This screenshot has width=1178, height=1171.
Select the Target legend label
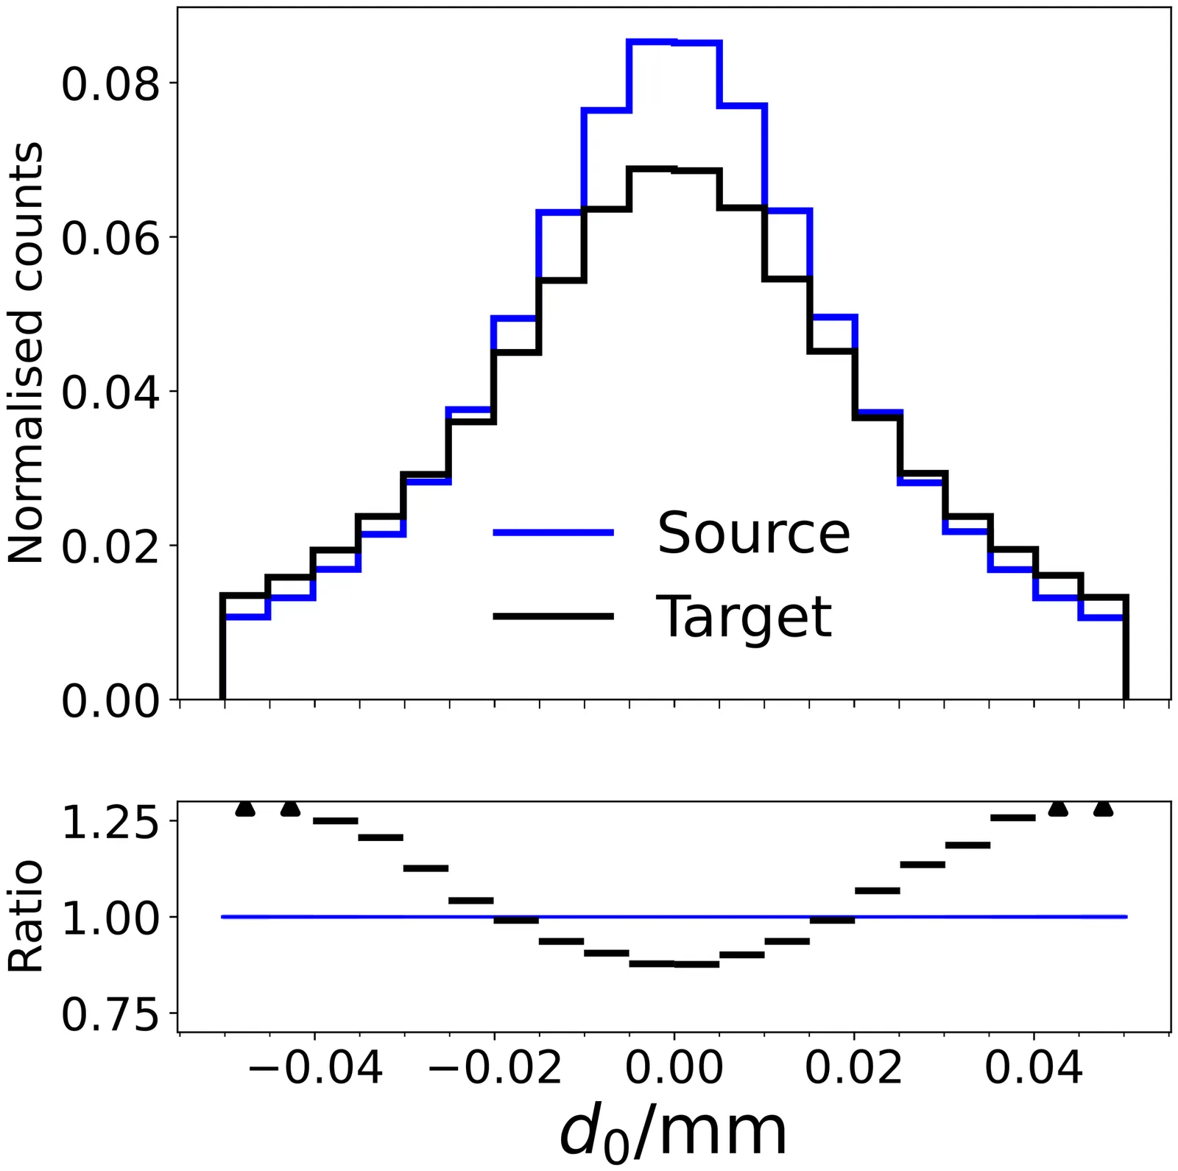744,616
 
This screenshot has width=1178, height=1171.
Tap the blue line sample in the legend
553,532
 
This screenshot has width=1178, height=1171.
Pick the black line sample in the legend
553,616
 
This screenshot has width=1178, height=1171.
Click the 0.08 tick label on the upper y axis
110,83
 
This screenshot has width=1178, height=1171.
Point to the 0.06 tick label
110,238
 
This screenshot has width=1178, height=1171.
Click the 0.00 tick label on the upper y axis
110,700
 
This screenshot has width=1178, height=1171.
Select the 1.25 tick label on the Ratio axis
110,822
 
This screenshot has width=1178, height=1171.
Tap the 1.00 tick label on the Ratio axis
110,918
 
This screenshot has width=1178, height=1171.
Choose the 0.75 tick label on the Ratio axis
110,1015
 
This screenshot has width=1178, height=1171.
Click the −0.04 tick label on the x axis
315,1067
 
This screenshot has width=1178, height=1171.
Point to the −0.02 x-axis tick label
495,1067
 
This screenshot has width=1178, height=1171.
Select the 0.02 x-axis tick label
854,1067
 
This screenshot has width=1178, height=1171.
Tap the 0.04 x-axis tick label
1034,1067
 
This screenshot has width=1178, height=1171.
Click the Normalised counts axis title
26,354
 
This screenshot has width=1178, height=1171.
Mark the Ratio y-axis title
26,917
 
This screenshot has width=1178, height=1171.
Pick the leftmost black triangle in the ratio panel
245,809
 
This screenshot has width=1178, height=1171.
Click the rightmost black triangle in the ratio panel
1103,809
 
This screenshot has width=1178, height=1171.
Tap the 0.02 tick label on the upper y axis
110,546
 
